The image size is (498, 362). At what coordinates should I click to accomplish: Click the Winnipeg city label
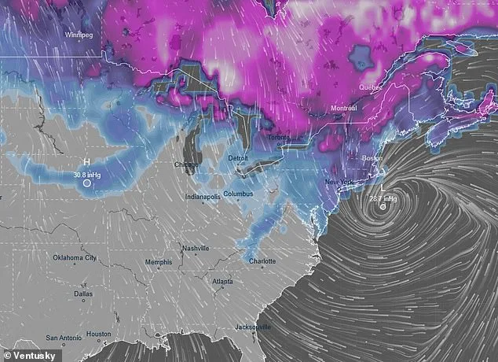coord(80,35)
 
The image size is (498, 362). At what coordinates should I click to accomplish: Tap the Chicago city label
coord(186,165)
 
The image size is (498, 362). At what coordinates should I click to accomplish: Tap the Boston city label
coord(372,158)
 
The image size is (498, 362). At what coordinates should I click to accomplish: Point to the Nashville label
coord(195,249)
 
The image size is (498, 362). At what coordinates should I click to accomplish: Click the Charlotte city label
coord(262,261)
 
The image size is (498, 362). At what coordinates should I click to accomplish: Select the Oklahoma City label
coord(75,257)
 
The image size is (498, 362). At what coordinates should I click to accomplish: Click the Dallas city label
coord(82,294)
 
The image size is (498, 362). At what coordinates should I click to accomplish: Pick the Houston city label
coord(98,334)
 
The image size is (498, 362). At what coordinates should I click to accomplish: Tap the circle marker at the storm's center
coord(383,208)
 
